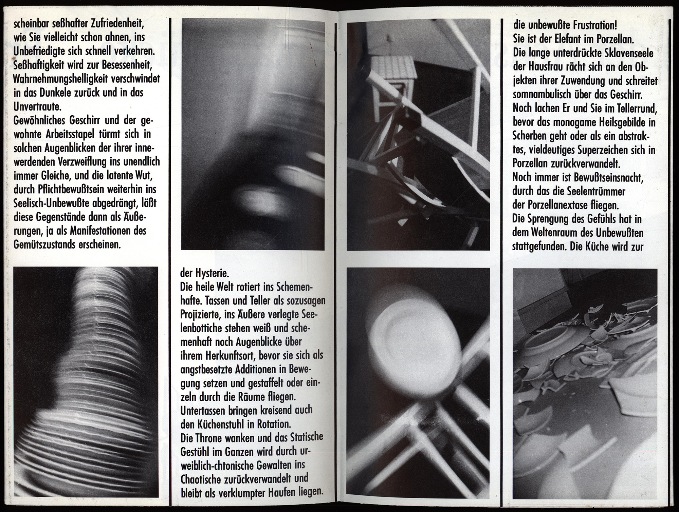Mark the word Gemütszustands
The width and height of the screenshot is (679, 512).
43,245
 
